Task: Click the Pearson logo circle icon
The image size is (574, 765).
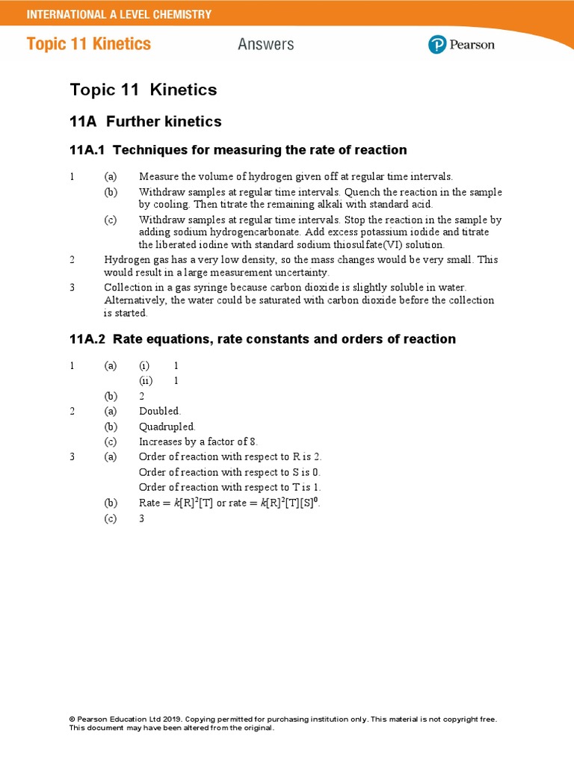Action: (x=437, y=45)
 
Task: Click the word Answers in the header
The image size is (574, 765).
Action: (x=265, y=45)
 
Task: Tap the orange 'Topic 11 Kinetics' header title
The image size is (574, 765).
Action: (x=89, y=44)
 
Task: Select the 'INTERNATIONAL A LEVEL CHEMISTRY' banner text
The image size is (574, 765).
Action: (x=119, y=14)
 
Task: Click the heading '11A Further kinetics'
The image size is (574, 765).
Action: (x=146, y=121)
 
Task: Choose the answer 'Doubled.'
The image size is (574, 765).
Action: (x=160, y=412)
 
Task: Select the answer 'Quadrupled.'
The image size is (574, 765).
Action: (x=167, y=427)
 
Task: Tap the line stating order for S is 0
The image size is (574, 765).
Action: (x=230, y=472)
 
